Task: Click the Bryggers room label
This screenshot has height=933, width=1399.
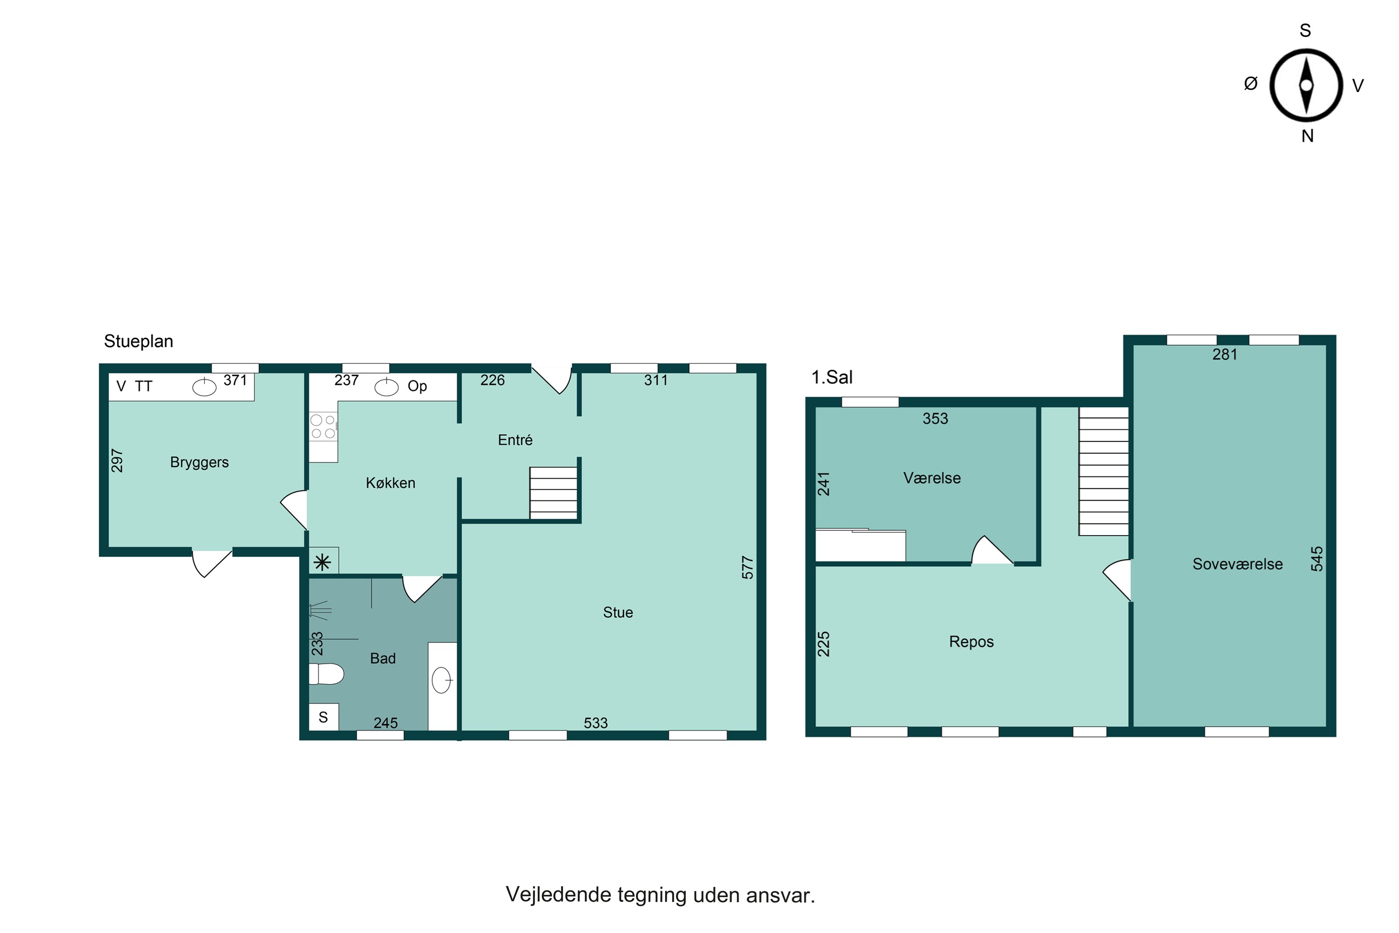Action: tap(199, 462)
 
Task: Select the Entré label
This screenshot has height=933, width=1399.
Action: tap(515, 440)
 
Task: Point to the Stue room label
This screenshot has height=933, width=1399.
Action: tap(618, 612)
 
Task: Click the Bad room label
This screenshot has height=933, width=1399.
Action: tap(382, 658)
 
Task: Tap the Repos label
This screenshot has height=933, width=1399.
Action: tap(971, 642)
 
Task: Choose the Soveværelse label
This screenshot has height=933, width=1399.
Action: tap(1237, 564)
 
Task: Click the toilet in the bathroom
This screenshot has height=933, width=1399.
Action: tap(326, 674)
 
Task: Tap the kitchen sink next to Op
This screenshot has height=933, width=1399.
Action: tap(386, 387)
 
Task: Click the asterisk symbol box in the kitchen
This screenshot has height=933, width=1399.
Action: tap(324, 561)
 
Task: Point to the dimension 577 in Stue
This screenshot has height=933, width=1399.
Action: tap(748, 567)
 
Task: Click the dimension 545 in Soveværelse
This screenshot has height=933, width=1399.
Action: tap(1317, 559)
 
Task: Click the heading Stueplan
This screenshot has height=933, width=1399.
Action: tap(139, 341)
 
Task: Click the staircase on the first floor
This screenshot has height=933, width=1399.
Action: tap(1104, 471)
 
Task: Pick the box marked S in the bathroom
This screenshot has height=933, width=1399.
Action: tap(324, 717)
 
